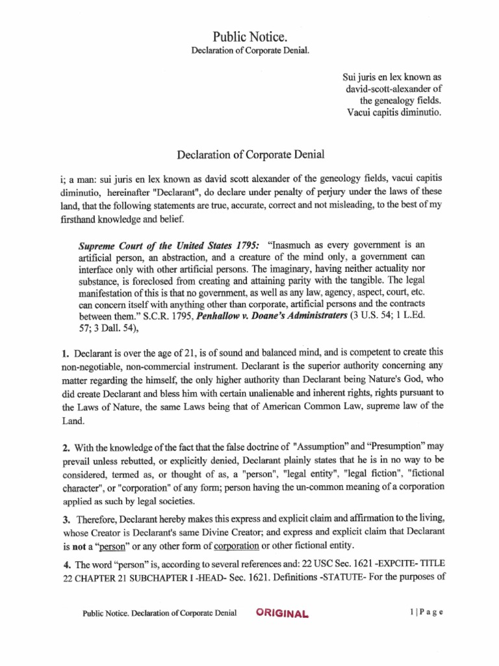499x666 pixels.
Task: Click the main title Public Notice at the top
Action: click(249, 36)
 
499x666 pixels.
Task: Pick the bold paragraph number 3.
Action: click(66, 519)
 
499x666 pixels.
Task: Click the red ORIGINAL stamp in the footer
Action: click(283, 613)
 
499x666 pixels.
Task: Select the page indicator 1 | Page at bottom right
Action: click(426, 613)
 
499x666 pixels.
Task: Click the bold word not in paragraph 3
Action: click(79, 544)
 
